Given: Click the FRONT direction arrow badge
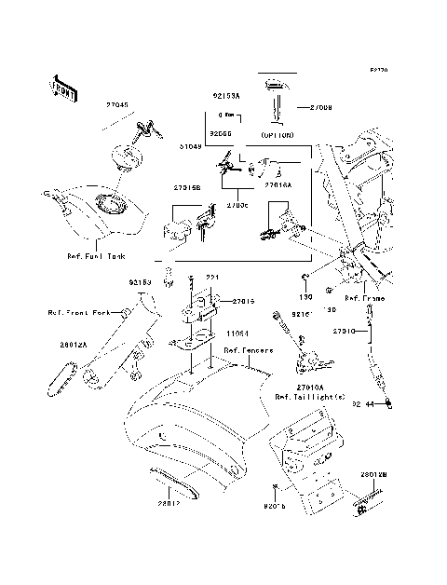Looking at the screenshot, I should (62, 86).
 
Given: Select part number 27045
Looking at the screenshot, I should (118, 107).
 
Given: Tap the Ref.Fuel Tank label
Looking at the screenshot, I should (95, 254).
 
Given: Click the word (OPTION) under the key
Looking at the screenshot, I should (277, 135).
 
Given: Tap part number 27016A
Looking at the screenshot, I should (278, 184).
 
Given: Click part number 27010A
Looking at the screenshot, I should (302, 387).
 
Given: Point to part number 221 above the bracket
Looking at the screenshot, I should (211, 277).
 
